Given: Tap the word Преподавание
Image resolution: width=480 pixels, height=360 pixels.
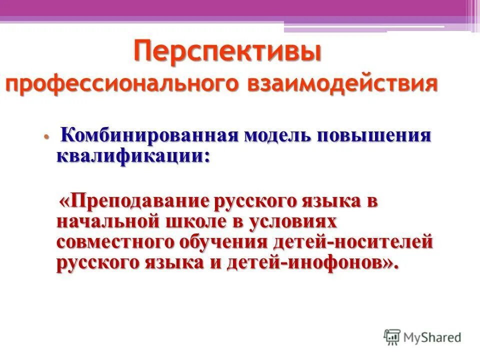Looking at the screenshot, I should click(x=135, y=201).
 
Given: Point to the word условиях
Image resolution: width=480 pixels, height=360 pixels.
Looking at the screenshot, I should click(x=294, y=221).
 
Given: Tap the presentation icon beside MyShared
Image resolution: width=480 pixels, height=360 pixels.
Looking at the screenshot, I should click(x=392, y=337).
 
